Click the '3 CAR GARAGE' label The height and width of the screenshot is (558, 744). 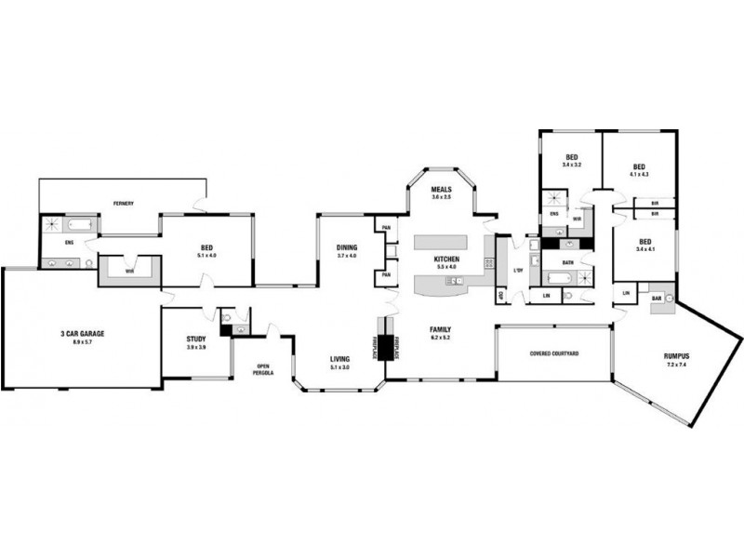pos(82,334)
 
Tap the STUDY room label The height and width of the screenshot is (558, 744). pos(196,339)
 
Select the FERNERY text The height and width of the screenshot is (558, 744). pos(124,203)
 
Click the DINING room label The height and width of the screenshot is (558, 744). pos(347,246)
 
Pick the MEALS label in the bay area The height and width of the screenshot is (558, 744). pos(441,189)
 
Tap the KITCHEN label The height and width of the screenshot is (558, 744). pos(446,259)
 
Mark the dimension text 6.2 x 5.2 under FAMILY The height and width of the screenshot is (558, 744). pos(440,339)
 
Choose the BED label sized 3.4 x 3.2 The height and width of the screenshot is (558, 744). pos(571,156)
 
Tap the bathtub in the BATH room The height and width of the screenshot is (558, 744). pos(557,278)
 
